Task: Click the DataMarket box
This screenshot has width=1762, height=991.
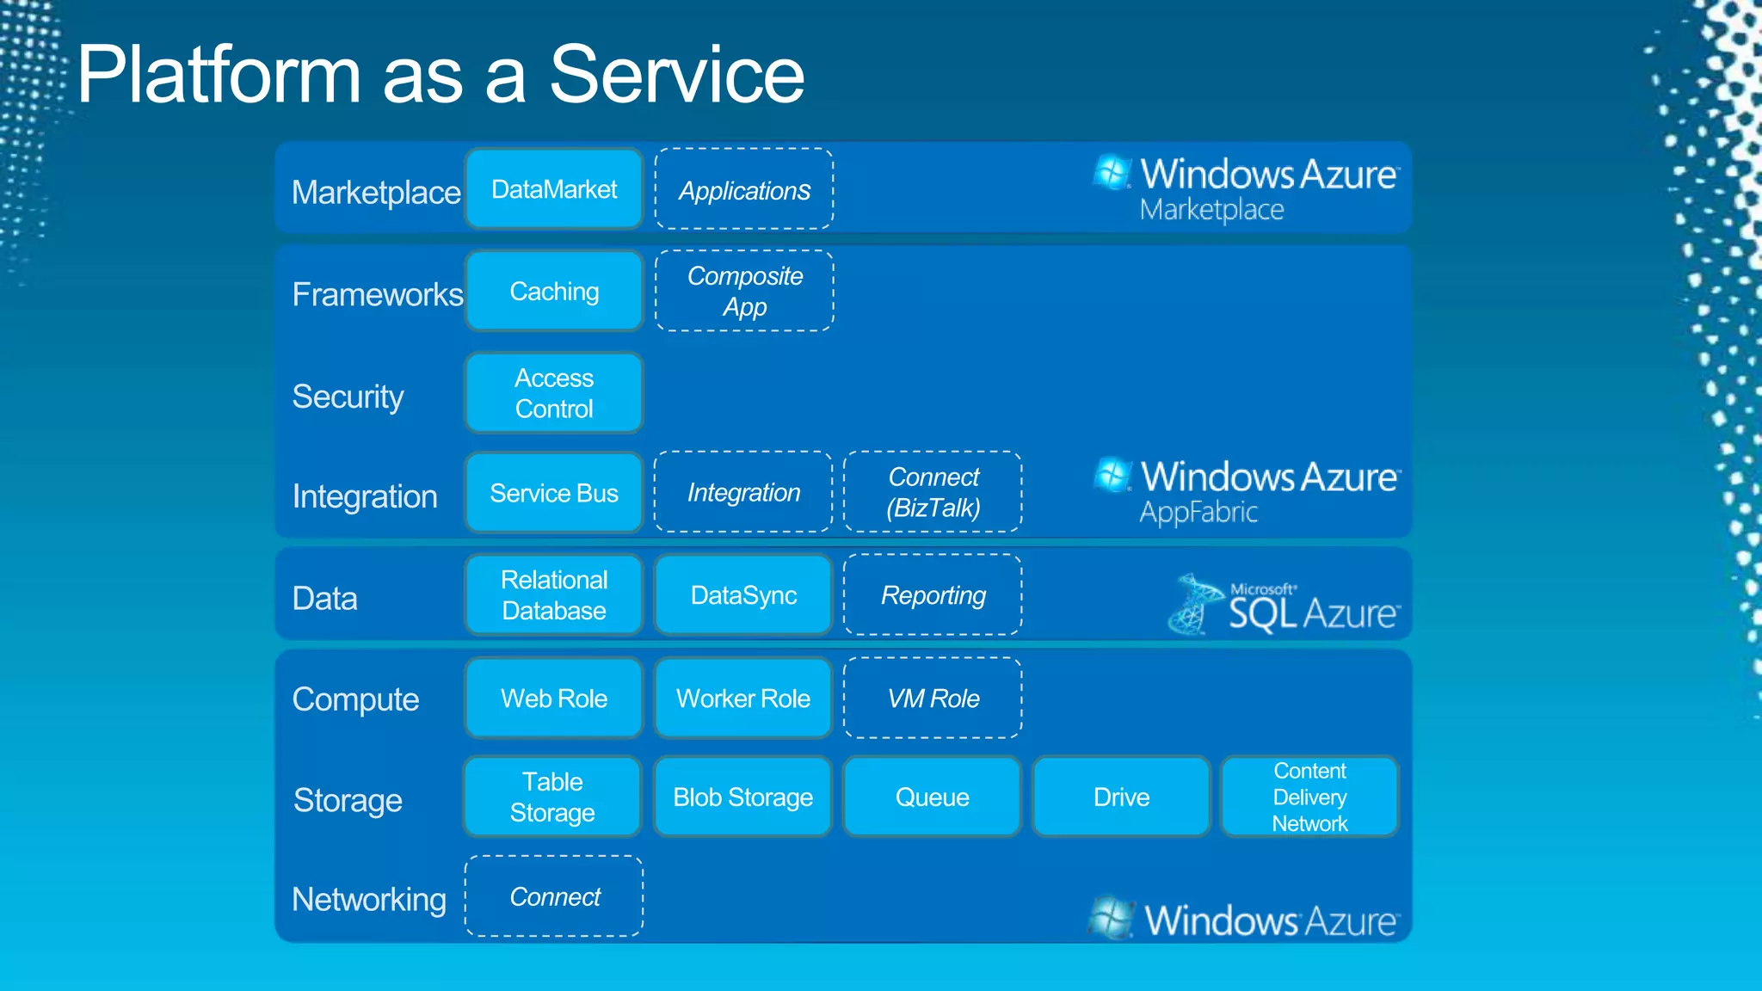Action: pos(554,189)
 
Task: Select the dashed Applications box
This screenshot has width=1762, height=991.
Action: pos(744,189)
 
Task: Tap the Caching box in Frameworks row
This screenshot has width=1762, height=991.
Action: pos(554,292)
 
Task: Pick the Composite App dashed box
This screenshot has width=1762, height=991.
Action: pos(744,292)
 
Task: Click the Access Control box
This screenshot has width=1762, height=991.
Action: pos(554,393)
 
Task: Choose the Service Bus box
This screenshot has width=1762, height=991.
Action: pos(554,493)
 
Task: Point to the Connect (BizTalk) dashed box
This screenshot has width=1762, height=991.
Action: pos(933,492)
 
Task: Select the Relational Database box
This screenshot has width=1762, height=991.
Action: pos(554,595)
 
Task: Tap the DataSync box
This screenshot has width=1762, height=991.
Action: pos(743,595)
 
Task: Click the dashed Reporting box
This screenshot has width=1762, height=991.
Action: pos(933,595)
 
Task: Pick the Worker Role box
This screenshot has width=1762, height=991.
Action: pos(743,699)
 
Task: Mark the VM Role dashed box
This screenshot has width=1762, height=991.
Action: pos(933,699)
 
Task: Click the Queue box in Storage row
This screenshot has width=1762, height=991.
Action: pos(933,797)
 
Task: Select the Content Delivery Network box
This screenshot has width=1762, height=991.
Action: pos(1309,797)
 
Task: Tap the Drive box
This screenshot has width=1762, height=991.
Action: pos(1121,797)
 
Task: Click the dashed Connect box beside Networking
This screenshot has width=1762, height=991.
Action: pos(554,896)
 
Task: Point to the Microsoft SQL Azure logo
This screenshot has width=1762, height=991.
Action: pos(1284,606)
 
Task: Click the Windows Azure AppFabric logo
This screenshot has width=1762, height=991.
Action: pos(1247,491)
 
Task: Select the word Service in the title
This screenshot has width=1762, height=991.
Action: pos(676,76)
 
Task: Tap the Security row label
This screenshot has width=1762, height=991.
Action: pos(348,397)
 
